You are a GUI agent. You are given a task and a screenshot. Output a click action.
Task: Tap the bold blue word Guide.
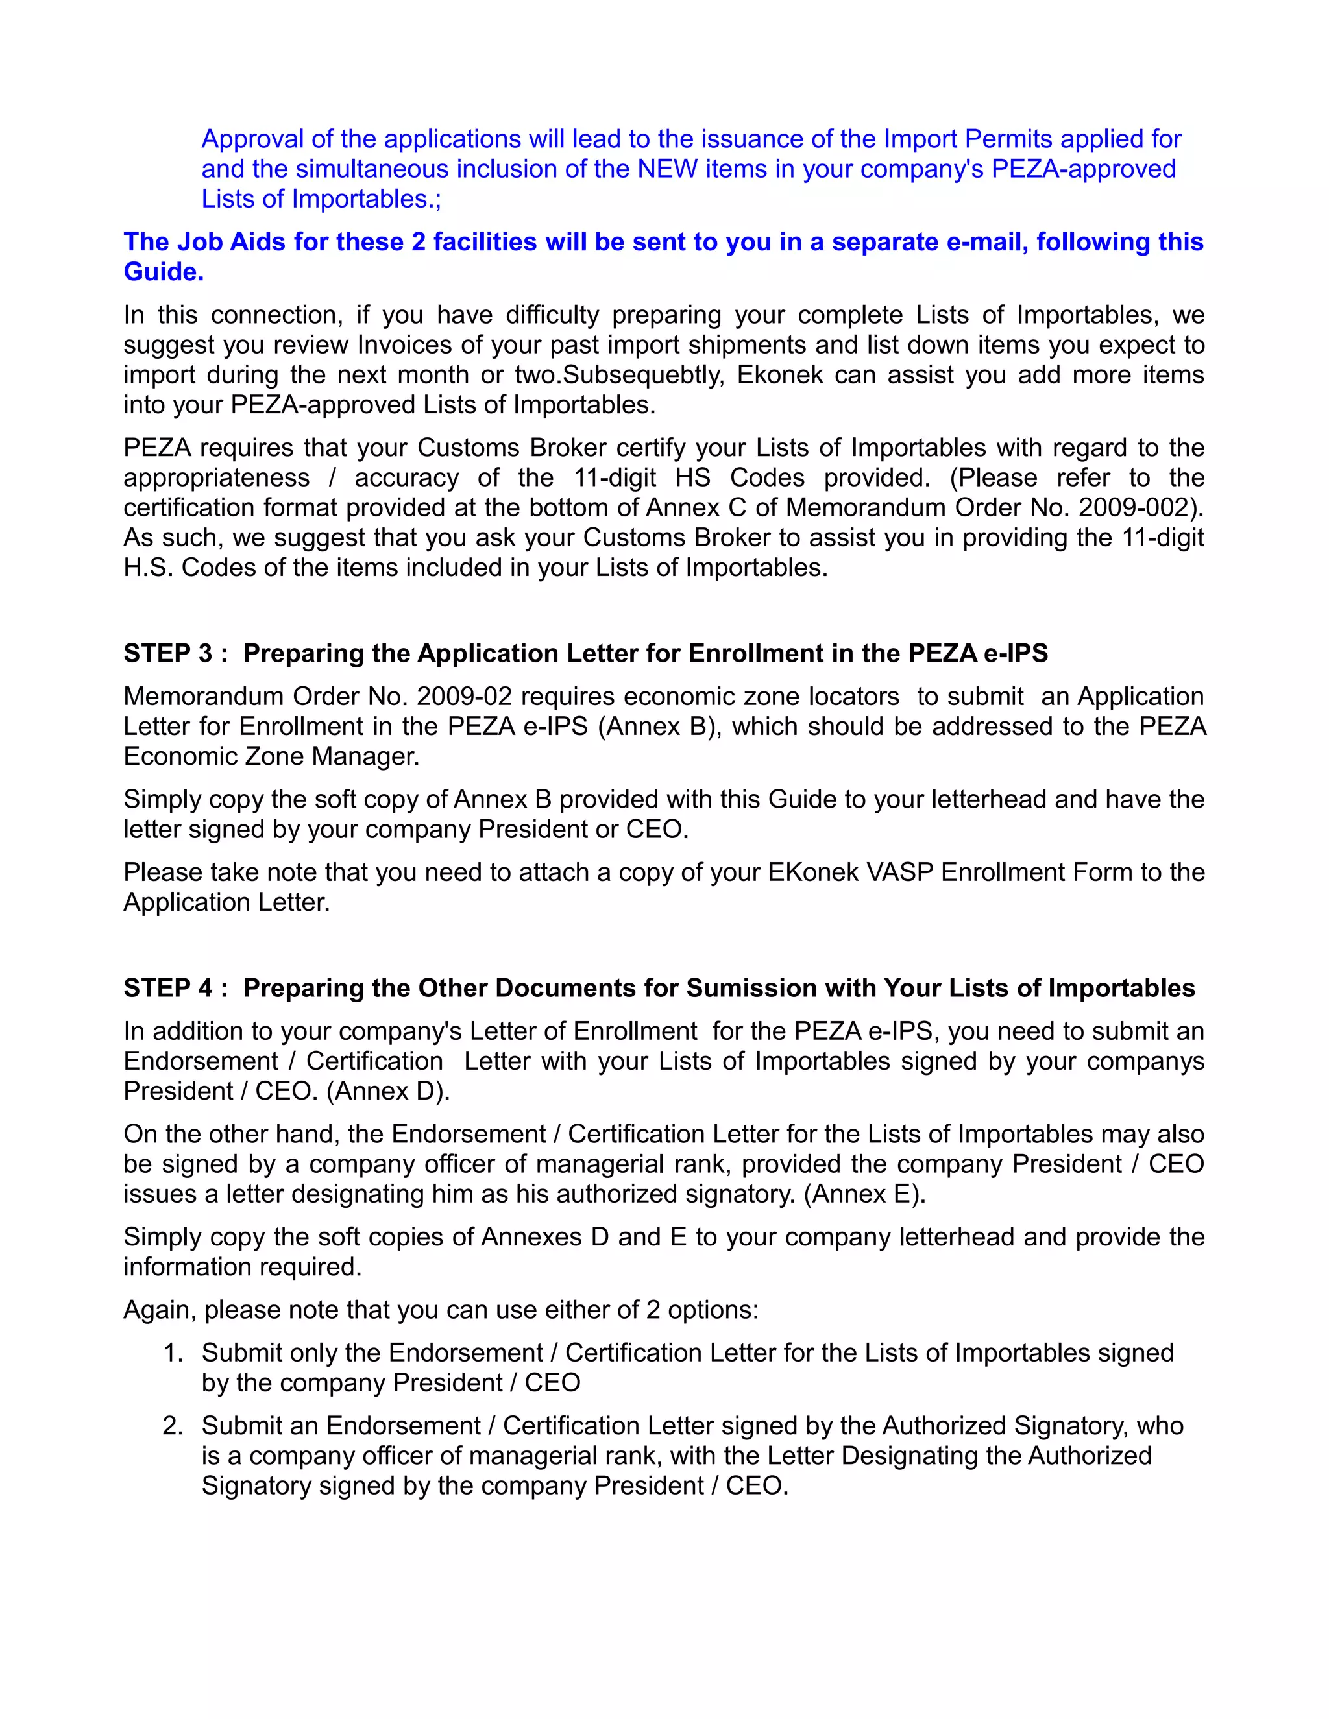(163, 272)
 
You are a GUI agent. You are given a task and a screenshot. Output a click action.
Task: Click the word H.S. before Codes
(149, 568)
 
